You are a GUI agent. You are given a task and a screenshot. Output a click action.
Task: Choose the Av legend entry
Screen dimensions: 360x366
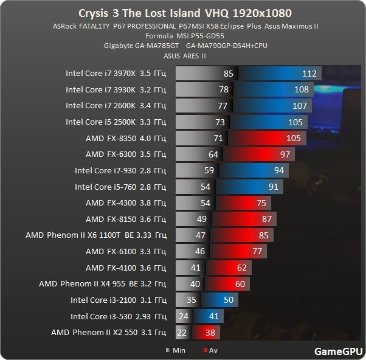pos(210,350)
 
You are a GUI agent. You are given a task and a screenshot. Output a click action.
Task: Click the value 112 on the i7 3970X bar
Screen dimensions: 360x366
pos(310,74)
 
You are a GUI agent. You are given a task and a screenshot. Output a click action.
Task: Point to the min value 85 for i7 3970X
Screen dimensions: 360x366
pos(229,74)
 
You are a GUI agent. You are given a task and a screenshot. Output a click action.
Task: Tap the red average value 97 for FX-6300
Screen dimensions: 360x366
pos(285,154)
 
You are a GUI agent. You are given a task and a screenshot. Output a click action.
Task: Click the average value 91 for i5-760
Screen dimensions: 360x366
pos(274,187)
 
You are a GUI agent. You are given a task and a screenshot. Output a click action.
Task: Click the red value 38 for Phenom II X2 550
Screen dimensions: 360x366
pos(210,332)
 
